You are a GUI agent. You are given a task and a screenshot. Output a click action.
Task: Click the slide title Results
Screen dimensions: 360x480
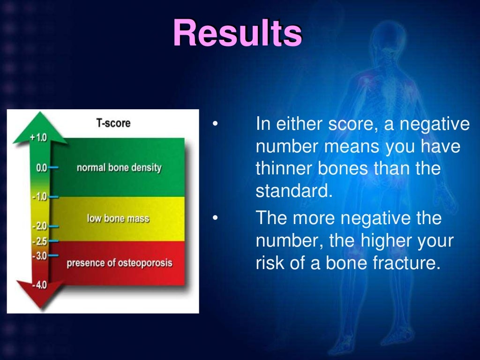click(237, 33)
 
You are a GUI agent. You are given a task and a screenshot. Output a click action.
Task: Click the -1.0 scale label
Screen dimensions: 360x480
click(39, 197)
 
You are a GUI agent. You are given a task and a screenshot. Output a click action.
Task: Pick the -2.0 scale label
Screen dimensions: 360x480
click(39, 226)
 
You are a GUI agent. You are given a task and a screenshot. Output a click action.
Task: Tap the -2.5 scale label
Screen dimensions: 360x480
click(39, 241)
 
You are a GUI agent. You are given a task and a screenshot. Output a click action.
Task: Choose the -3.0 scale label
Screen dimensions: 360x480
click(39, 256)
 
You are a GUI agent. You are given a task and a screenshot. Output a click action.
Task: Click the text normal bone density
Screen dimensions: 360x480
click(119, 168)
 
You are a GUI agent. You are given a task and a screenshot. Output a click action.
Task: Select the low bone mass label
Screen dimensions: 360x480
click(118, 218)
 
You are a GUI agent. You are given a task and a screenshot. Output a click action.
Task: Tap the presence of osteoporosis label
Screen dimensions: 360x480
click(119, 262)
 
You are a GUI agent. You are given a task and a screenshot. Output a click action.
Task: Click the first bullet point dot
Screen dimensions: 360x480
click(215, 125)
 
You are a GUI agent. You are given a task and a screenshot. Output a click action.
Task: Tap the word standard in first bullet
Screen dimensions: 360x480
click(287, 192)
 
